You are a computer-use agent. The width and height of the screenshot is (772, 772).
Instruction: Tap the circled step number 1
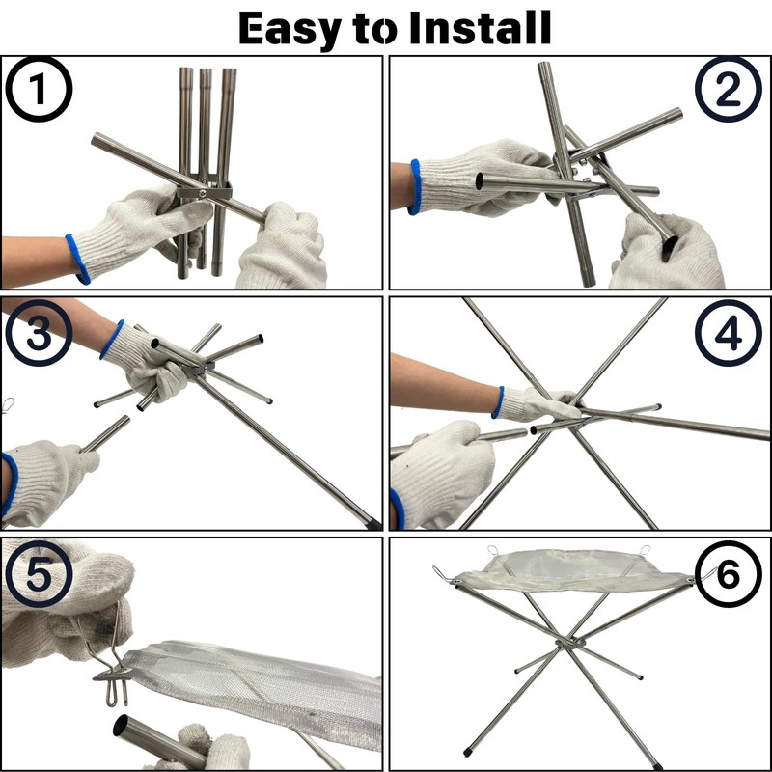(39, 90)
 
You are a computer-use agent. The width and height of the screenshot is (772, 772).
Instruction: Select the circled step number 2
(729, 90)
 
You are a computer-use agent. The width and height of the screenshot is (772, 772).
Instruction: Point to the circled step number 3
(39, 333)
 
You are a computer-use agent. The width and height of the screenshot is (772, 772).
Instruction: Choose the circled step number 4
(729, 333)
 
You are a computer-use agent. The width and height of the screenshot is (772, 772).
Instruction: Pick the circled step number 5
(39, 574)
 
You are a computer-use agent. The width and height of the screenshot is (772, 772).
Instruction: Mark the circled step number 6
(729, 574)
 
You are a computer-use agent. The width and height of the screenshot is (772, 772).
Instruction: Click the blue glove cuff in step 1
(78, 259)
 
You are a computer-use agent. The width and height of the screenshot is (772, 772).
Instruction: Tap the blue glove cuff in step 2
(415, 187)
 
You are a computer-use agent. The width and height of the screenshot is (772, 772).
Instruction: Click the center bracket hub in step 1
(204, 189)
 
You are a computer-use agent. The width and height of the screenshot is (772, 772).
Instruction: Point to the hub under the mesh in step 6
(570, 643)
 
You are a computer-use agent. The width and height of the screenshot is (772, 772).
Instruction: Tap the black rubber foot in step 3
(372, 523)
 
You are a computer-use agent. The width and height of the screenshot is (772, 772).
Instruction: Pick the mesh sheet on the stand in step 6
(573, 570)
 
